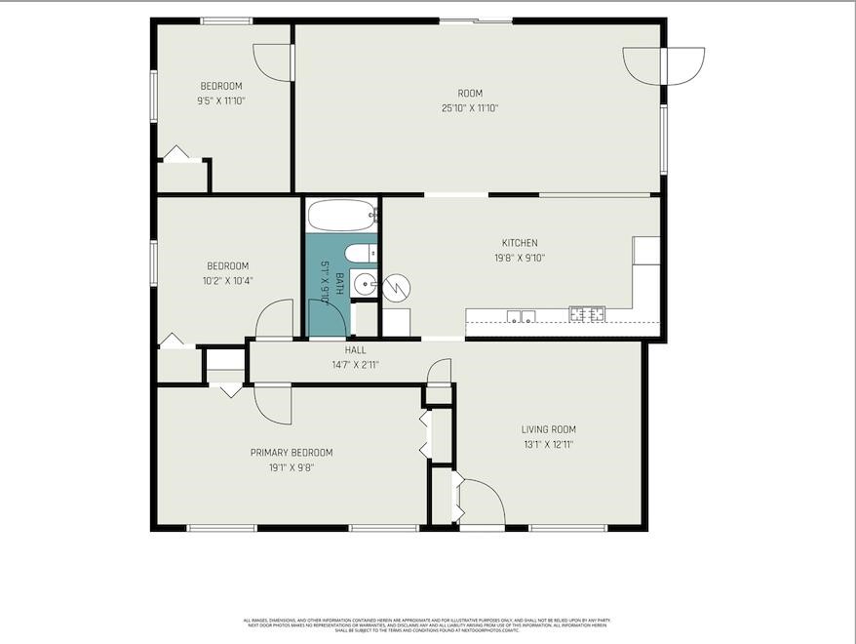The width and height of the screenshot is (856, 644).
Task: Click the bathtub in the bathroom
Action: tap(341, 214)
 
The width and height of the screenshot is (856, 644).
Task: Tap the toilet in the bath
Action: tap(359, 255)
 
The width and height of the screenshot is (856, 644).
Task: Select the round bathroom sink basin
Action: tap(363, 284)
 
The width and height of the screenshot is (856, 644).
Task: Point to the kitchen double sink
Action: tap(520, 314)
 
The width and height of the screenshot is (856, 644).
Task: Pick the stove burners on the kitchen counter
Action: tap(587, 314)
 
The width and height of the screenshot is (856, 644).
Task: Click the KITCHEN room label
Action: tap(520, 243)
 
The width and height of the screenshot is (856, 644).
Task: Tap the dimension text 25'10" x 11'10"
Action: tap(470, 108)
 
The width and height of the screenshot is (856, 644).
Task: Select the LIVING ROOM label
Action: tap(548, 429)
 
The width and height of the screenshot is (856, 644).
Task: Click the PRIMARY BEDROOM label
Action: tap(292, 452)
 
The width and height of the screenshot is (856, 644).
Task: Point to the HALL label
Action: tap(355, 350)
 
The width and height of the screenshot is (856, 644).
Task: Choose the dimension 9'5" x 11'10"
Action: tap(220, 101)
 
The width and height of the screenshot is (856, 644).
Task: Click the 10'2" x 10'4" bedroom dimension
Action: tap(227, 280)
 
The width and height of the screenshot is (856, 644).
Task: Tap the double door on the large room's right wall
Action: tap(664, 66)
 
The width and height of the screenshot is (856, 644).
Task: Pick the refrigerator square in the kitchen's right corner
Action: tap(646, 251)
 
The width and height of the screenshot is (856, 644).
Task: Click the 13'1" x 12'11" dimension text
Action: tap(548, 444)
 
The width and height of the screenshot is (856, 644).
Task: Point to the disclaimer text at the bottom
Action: tap(427, 624)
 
